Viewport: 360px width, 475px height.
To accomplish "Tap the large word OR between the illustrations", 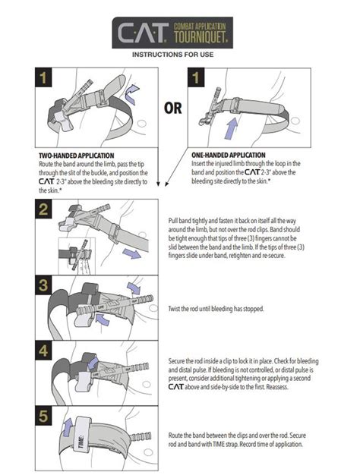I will (172, 107).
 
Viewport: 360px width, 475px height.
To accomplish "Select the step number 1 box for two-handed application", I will (45, 77).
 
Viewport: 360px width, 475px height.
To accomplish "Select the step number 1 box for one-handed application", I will (197, 77).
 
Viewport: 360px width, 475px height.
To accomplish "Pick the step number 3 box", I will (45, 285).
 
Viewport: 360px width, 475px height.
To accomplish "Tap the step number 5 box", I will (45, 417).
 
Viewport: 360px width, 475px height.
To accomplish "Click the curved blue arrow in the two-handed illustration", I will (134, 92).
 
